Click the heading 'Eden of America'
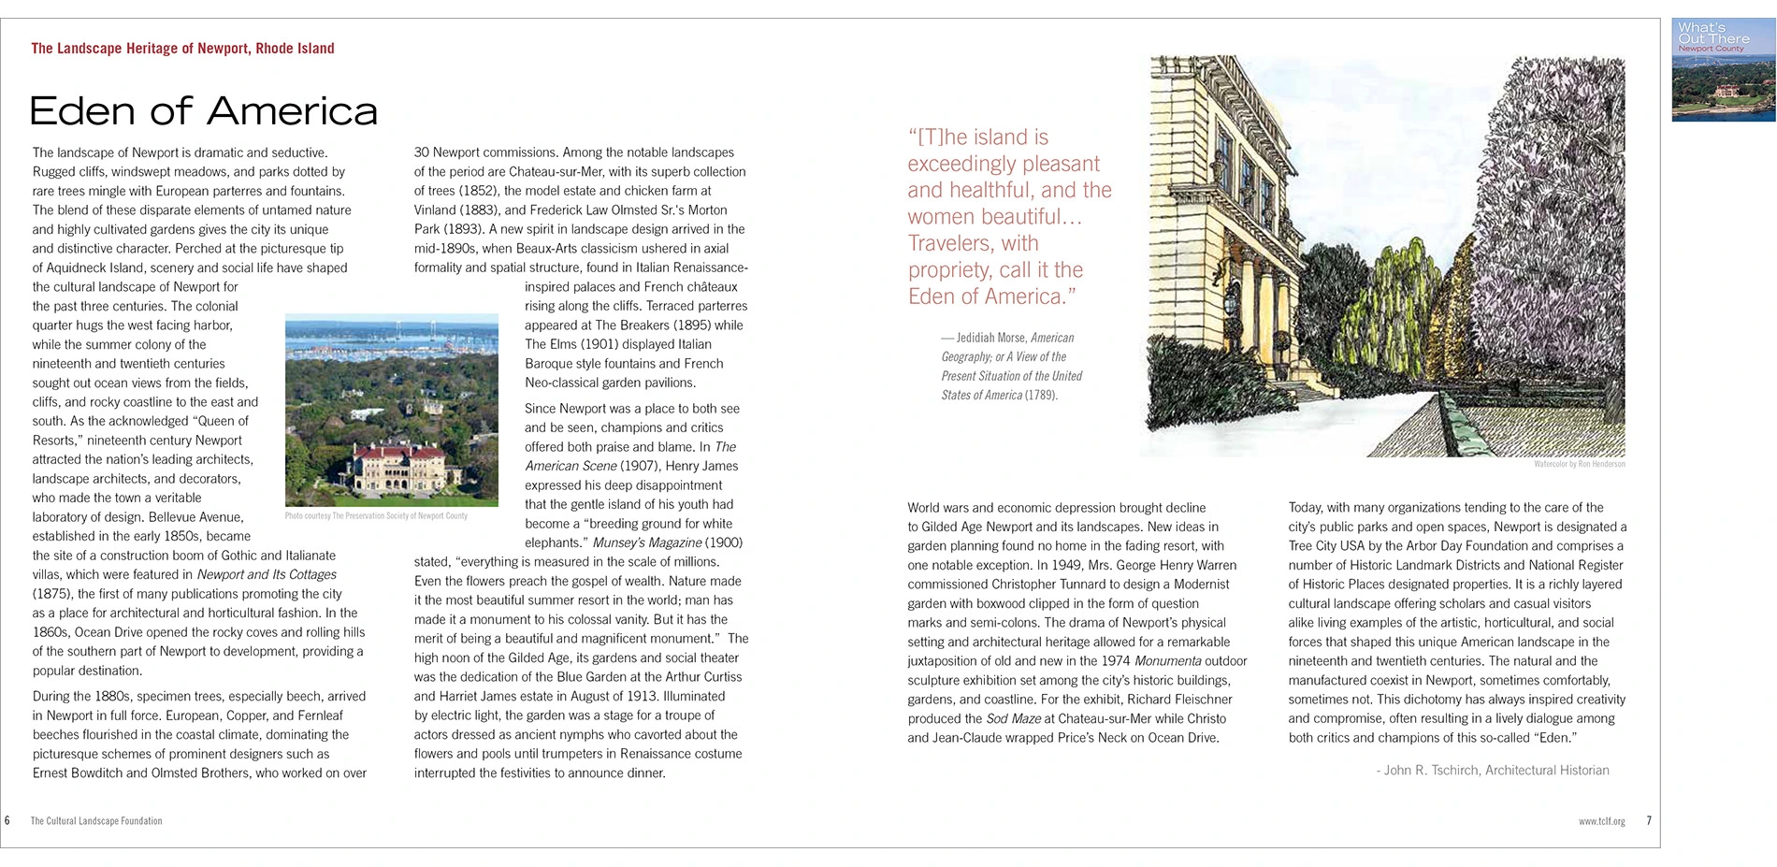click(x=203, y=111)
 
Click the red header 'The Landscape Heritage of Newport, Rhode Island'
click(x=182, y=49)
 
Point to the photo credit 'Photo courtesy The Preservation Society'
click(x=376, y=516)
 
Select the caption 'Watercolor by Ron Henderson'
click(x=1579, y=464)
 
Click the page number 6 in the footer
click(x=7, y=821)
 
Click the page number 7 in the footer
click(x=1649, y=821)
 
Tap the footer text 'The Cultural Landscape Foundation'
click(x=96, y=821)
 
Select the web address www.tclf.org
click(x=1601, y=821)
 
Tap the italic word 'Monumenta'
click(x=1167, y=661)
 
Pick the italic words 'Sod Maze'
click(x=1013, y=719)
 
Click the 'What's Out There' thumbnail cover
click(x=1723, y=70)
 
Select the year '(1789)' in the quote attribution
click(x=1041, y=395)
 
